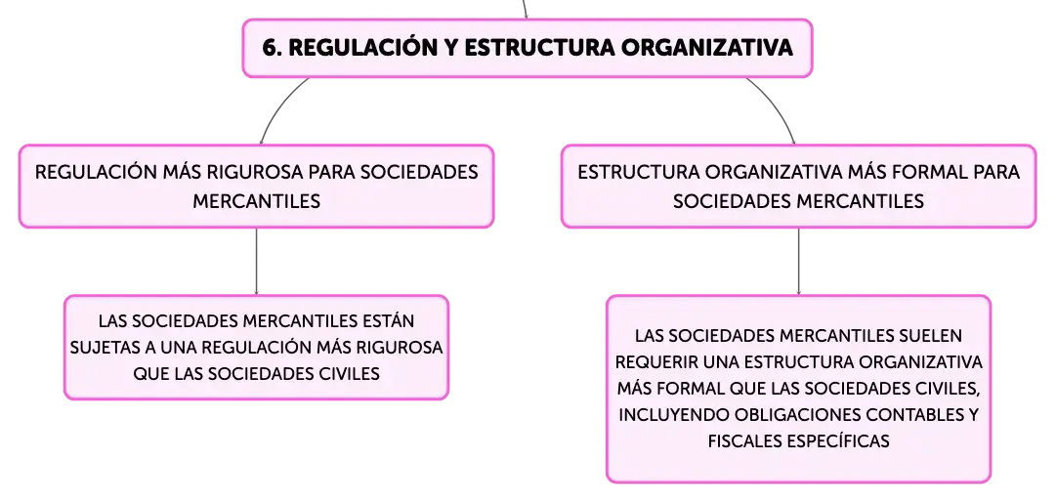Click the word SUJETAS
[x=99, y=348]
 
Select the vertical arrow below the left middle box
[x=257, y=261]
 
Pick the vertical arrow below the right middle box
[x=799, y=261]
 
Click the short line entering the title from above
[x=525, y=9]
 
